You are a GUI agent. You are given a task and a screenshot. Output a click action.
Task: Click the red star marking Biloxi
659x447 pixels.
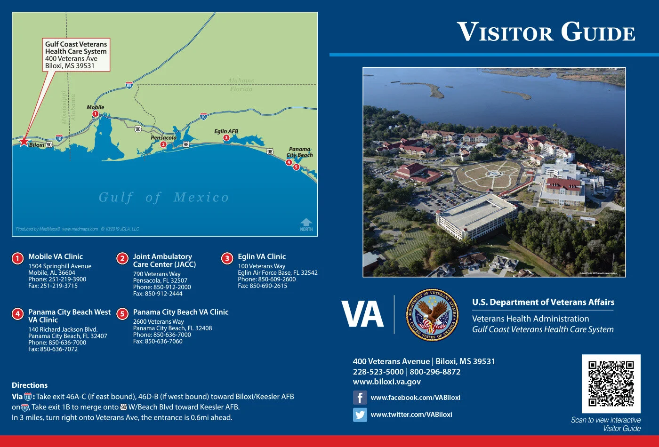[x=24, y=141]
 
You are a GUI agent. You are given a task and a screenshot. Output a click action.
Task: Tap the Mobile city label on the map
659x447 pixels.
[x=95, y=107]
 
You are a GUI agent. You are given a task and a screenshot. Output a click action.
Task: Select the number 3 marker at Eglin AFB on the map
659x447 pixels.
[x=226, y=138]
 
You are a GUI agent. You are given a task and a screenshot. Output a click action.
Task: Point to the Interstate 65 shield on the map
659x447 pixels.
[x=129, y=86]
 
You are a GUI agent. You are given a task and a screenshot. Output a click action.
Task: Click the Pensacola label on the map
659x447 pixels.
[x=163, y=138]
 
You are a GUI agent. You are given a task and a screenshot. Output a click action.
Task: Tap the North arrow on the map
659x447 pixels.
[x=306, y=224]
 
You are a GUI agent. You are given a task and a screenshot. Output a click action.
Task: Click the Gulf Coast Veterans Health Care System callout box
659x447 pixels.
[x=76, y=55]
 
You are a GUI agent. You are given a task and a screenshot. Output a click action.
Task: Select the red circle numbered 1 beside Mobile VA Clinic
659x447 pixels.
[x=17, y=258]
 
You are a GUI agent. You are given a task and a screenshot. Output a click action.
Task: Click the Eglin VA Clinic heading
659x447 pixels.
[x=262, y=256]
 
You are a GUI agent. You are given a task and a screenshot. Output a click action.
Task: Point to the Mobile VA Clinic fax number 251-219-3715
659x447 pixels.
[x=53, y=286]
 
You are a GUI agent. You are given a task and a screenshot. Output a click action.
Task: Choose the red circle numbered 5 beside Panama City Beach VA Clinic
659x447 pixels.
[x=122, y=314]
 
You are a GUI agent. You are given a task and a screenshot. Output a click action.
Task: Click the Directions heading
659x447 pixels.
[x=30, y=385]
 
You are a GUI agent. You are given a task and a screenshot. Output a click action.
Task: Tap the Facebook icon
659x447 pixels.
[x=360, y=398]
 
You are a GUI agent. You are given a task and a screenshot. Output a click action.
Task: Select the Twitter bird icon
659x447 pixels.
[x=360, y=415]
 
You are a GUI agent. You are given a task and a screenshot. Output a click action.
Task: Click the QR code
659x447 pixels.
[x=611, y=383]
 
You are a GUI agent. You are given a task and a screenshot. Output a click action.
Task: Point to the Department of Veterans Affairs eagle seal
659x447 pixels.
[x=432, y=315]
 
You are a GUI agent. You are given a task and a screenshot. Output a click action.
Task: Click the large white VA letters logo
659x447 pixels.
[x=362, y=314]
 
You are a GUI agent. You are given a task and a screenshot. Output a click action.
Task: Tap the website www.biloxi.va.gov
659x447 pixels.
[x=387, y=382]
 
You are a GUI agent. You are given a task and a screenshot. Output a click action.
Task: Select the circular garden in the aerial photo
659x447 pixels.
[x=492, y=174]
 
